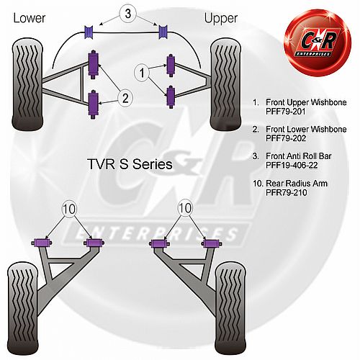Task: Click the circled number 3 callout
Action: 127,14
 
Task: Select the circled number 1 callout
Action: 142,72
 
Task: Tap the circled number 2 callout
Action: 125,98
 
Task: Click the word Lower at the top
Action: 30,18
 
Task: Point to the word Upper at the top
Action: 221,18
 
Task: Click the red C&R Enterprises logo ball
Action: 318,42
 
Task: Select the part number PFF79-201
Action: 286,112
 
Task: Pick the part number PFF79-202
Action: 286,138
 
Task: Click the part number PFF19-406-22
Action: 292,165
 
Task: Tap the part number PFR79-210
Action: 287,192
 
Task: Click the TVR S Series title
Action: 130,164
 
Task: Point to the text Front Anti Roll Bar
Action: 299,156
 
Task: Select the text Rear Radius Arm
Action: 297,184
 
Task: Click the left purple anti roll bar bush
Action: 89,32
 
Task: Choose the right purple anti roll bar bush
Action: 163,32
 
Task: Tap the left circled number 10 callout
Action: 69,209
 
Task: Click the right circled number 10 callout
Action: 185,208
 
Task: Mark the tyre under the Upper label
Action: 225,84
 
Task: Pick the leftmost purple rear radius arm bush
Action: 42,243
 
